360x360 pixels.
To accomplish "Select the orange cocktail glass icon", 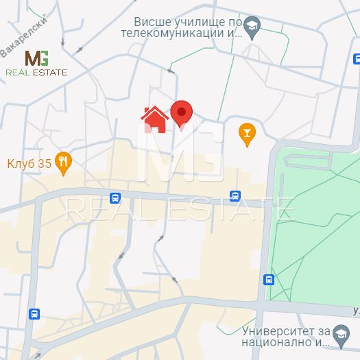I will [x=246, y=134].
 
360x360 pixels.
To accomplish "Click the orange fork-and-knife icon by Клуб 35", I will [x=64, y=163].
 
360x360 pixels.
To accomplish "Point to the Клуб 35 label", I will [x=29, y=163].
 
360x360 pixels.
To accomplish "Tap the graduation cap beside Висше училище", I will [x=252, y=27].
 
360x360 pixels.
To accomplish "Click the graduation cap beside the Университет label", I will [x=339, y=335].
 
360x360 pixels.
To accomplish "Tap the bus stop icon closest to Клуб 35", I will [x=115, y=198].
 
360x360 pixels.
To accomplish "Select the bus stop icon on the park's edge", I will [x=269, y=279].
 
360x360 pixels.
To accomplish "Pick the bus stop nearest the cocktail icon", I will [x=235, y=195].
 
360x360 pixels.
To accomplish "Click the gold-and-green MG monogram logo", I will [x=36, y=58].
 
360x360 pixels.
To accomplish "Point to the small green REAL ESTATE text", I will [x=36, y=72].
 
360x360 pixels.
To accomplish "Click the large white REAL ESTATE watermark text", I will [x=180, y=208].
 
